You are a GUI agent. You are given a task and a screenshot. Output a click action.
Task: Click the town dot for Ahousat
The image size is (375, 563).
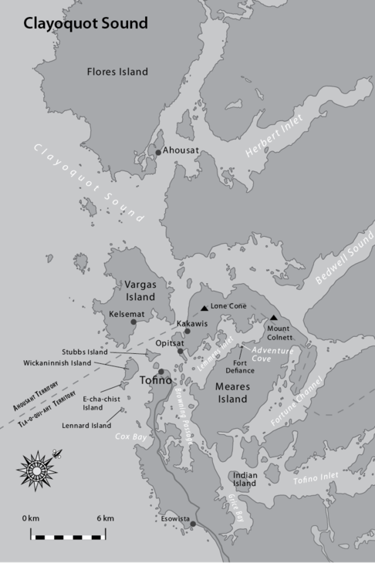pos(158,153)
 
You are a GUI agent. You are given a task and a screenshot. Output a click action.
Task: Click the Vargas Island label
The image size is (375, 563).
pos(140,291)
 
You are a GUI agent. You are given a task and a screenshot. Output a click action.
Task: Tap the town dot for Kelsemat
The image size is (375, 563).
pos(133,322)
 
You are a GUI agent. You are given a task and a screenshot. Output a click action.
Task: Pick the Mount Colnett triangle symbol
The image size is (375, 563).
pos(274,318)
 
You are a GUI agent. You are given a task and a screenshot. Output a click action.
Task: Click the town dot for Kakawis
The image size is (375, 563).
pos(187,332)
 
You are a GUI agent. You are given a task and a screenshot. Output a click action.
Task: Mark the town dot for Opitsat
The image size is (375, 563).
pos(181,352)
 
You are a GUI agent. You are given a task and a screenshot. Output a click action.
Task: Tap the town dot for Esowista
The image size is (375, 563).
pos(193,524)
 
